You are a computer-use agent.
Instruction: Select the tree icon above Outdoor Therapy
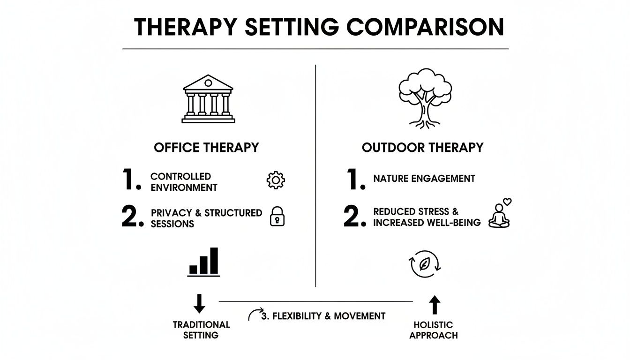click(x=425, y=97)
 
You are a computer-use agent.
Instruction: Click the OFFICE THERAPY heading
click(x=206, y=148)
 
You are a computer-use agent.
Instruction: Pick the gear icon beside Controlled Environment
click(x=276, y=180)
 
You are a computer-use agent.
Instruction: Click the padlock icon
click(x=277, y=217)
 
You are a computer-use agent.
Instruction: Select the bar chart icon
click(x=204, y=262)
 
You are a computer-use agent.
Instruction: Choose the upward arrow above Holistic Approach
click(x=435, y=305)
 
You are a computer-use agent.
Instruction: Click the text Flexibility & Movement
click(x=323, y=316)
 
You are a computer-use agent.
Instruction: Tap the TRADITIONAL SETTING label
click(x=201, y=330)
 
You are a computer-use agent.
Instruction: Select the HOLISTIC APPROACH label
click(x=433, y=330)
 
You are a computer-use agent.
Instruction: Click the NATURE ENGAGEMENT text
click(x=424, y=179)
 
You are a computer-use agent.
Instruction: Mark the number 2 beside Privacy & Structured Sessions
click(x=131, y=217)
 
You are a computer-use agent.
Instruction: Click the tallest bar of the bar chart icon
click(x=214, y=260)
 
